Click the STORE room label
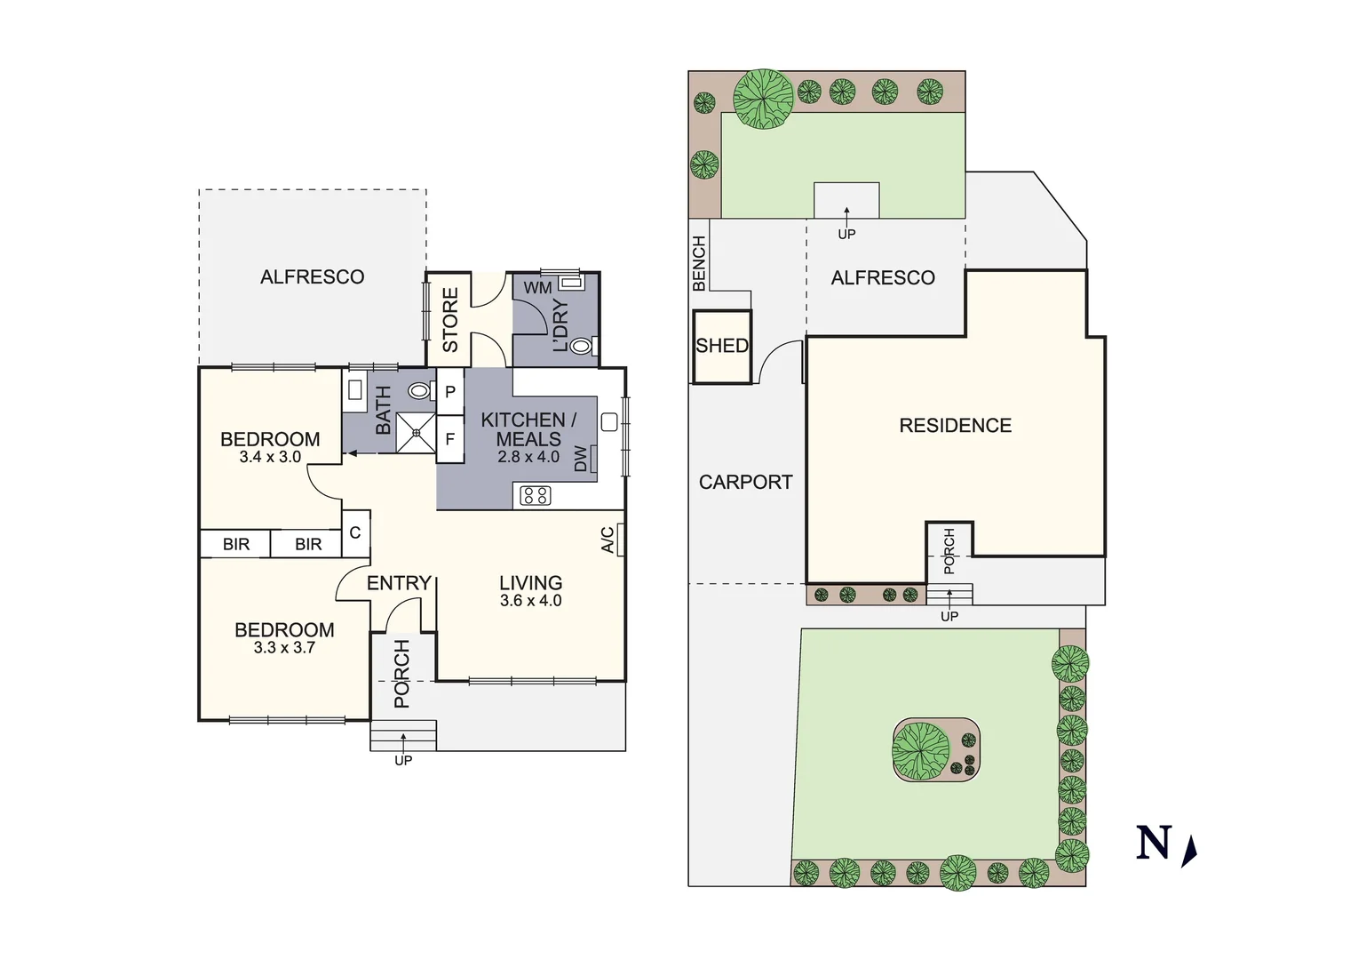450,319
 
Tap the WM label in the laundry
537,288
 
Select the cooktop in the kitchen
535,495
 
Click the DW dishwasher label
581,459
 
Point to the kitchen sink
609,422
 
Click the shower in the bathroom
416,433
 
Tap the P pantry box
450,391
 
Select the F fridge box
450,439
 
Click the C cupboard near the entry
355,533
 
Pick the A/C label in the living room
608,540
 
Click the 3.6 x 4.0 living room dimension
530,601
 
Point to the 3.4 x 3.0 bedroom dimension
270,457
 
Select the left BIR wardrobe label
236,544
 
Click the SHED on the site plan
722,346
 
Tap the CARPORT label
745,482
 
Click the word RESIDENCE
955,426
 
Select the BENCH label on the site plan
699,263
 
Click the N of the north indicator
1154,843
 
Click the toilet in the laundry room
582,346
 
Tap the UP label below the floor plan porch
403,761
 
